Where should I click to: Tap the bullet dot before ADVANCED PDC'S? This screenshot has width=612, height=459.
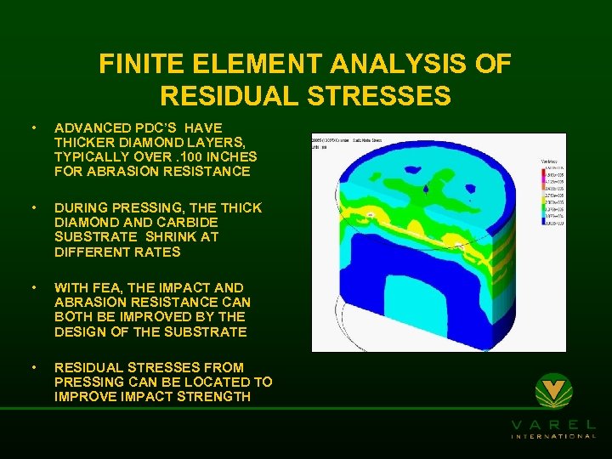coord(33,128)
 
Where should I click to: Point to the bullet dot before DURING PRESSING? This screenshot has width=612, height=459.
coord(33,208)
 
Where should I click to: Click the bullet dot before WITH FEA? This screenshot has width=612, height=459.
coord(33,288)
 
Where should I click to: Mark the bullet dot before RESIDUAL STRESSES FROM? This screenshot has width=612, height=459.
coord(33,368)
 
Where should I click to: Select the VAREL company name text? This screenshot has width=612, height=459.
coord(553,424)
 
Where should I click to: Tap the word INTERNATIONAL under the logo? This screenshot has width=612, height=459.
coord(553,436)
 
